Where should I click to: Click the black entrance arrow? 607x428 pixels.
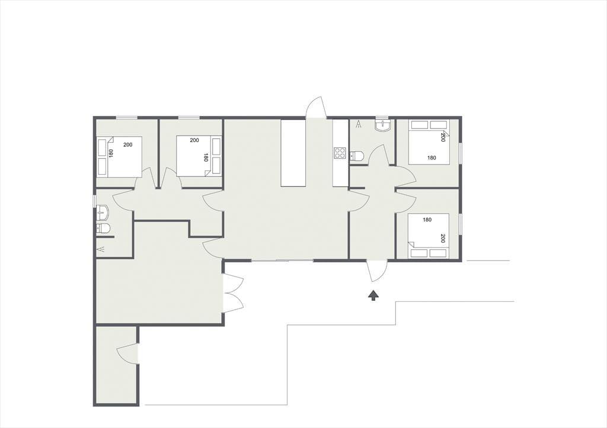(x=373, y=295)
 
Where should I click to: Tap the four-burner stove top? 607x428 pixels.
(x=340, y=153)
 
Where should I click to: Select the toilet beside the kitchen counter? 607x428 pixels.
(x=357, y=156)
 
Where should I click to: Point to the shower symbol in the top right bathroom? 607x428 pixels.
(x=359, y=124)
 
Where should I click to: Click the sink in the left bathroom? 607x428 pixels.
(x=103, y=212)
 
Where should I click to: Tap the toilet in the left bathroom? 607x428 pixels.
(x=103, y=229)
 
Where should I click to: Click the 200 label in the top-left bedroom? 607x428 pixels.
(x=128, y=145)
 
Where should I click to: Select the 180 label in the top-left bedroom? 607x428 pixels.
(x=111, y=154)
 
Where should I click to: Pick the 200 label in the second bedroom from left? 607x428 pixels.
(x=194, y=140)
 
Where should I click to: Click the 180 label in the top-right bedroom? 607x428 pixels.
(x=432, y=157)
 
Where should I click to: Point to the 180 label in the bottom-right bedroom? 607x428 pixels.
(x=427, y=220)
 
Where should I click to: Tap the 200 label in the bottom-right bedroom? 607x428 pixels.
(x=443, y=239)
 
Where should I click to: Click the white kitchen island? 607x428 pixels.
(x=293, y=153)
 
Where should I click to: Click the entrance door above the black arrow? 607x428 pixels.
(x=376, y=271)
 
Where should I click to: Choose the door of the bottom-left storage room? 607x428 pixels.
(x=127, y=352)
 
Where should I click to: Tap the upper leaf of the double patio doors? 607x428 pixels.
(x=234, y=282)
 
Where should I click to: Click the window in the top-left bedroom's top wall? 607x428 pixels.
(x=127, y=118)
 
